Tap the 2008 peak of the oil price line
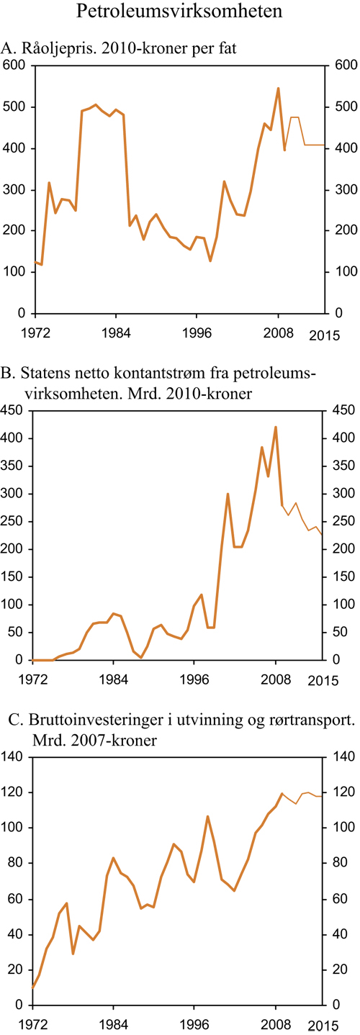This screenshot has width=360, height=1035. pos(278,89)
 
